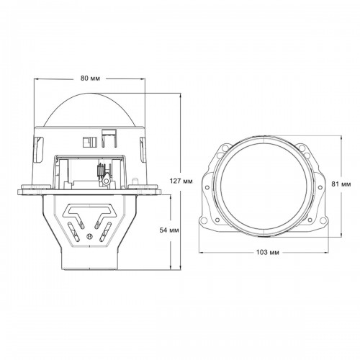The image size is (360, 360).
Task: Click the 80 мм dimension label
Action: point(90,78)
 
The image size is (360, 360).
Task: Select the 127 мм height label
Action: point(181,181)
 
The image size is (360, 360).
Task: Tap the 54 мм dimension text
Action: point(169,230)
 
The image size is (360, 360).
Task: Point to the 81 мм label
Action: point(341,184)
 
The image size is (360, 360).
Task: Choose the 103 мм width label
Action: point(268,252)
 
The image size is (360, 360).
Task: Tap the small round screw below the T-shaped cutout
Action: point(89,236)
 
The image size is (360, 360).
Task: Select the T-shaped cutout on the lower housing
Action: point(89,211)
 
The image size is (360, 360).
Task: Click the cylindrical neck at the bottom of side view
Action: point(90,261)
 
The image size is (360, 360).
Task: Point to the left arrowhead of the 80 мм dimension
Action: point(36,79)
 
